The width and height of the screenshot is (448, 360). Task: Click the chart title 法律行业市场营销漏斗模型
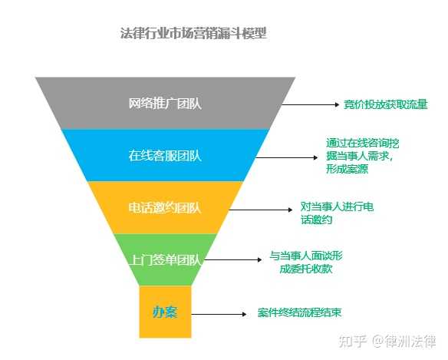193,33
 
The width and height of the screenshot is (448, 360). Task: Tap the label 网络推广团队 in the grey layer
165,104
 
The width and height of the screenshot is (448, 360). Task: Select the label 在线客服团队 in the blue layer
165,156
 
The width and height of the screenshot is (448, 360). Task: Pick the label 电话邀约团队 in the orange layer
165,208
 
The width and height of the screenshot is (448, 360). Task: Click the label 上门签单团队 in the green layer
165,260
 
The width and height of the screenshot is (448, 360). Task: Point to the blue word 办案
165,312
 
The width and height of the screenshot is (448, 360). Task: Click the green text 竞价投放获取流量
385,104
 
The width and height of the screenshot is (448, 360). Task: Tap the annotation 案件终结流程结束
299,312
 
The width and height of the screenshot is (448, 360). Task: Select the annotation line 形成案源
348,169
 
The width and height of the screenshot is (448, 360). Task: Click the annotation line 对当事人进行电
337,206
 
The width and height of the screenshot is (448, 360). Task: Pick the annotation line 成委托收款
306,269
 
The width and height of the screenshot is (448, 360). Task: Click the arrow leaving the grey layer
311,104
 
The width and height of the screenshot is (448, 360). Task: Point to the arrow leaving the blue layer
287,157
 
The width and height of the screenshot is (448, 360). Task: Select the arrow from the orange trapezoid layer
261,210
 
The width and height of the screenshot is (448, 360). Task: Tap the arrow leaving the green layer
233,259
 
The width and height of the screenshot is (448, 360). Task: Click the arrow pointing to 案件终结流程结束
219,314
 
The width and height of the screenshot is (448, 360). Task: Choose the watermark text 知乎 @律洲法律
387,342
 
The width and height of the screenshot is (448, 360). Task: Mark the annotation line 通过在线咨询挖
363,143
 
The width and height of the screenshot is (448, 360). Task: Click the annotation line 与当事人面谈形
306,256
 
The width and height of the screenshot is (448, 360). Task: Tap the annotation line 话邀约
316,220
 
